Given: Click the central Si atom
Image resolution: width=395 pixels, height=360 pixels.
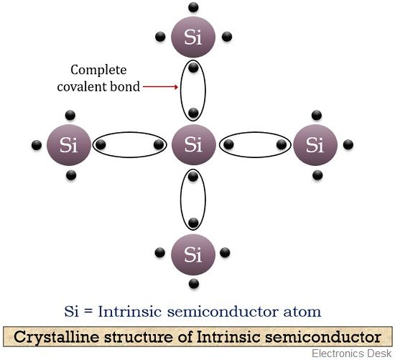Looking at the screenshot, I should pyautogui.click(x=192, y=145).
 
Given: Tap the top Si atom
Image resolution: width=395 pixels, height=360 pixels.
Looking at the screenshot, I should pyautogui.click(x=192, y=37).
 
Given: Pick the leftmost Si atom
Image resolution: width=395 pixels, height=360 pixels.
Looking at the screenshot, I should pyautogui.click(x=69, y=145).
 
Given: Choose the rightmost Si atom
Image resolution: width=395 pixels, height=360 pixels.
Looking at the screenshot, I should pyautogui.click(x=315, y=145).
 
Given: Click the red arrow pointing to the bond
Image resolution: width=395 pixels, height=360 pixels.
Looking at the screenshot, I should pyautogui.click(x=159, y=88).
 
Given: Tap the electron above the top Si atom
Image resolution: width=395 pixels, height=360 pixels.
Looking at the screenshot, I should pyautogui.click(x=192, y=7).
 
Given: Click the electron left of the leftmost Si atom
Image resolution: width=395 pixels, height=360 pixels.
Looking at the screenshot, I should pyautogui.click(x=37, y=146).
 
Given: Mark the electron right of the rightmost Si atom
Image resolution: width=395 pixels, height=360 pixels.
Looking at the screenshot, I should pyautogui.click(x=348, y=145).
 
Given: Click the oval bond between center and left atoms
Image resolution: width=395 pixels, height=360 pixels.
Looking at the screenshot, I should pyautogui.click(x=130, y=145).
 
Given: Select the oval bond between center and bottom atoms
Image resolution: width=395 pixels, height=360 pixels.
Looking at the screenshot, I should pyautogui.click(x=192, y=199).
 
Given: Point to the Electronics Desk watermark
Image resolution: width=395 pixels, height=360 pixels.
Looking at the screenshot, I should pyautogui.click(x=351, y=352).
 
